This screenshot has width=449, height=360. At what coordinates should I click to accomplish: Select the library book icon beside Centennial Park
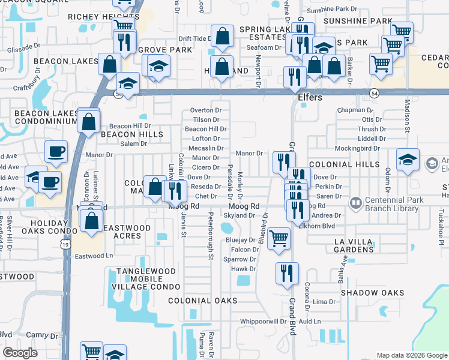tap(355, 204)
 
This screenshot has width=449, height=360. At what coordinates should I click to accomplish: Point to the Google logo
tap(20, 353)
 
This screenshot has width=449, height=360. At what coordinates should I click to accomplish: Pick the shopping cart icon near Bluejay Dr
tap(279, 238)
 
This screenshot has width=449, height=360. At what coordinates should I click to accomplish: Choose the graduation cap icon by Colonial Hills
tap(408, 160)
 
